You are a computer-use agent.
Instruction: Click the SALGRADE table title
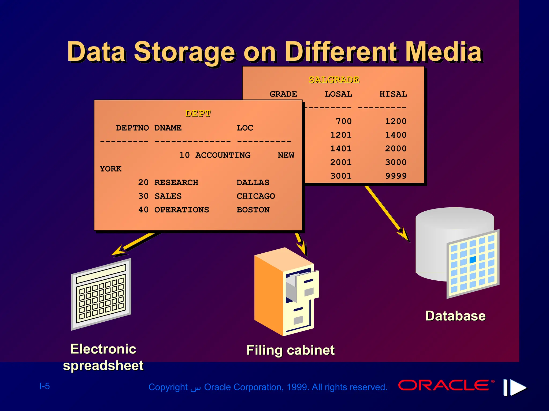pyautogui.click(x=334, y=80)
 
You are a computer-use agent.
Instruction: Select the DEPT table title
pyautogui.click(x=198, y=113)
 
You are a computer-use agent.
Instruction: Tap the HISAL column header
pyautogui.click(x=393, y=94)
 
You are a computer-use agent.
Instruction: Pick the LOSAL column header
pyautogui.click(x=338, y=94)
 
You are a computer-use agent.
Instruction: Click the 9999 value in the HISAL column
pyautogui.click(x=396, y=176)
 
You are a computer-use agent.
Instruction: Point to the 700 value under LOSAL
pyautogui.click(x=344, y=121)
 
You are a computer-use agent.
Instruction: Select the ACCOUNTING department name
pyautogui.click(x=223, y=155)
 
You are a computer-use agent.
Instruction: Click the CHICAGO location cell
pyautogui.click(x=256, y=196)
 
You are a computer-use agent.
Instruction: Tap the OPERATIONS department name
pyautogui.click(x=181, y=210)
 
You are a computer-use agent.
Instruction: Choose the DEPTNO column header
pyautogui.click(x=132, y=128)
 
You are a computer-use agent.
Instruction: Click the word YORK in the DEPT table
pyautogui.click(x=110, y=169)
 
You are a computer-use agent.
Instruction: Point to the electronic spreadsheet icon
pyautogui.click(x=101, y=294)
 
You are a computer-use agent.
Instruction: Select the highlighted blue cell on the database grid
pyautogui.click(x=473, y=259)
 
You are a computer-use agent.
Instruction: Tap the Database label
pyautogui.click(x=455, y=316)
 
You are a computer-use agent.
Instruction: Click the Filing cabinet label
pyautogui.click(x=290, y=350)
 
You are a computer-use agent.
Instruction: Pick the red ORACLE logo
pyautogui.click(x=444, y=385)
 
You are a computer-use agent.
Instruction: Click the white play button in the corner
pyautogui.click(x=518, y=387)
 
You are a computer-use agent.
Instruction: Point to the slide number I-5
pyautogui.click(x=44, y=386)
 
